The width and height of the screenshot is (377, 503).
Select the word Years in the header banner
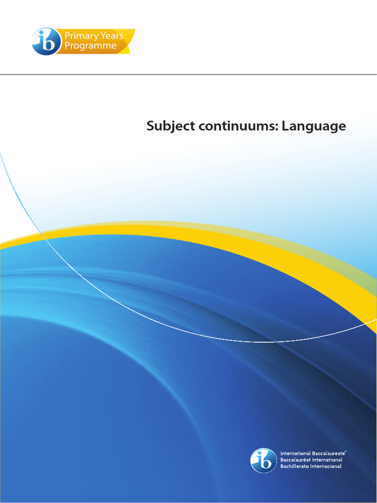click(111, 36)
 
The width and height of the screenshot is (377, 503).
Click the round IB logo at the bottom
click(264, 460)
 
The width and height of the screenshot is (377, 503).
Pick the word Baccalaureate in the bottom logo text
click(327, 453)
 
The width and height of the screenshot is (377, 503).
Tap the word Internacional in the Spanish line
click(326, 466)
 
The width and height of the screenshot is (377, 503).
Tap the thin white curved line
click(147, 313)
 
